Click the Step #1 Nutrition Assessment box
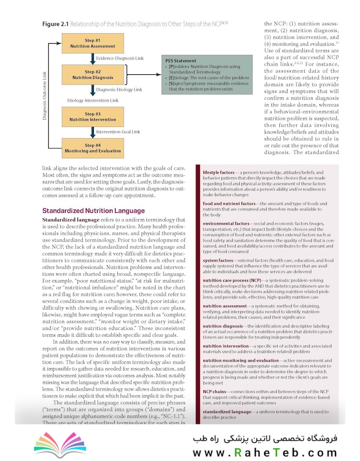pyautogui.click(x=93, y=43)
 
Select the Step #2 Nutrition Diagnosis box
pyautogui.click(x=93, y=75)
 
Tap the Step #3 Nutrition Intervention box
pyautogui.click(x=93, y=117)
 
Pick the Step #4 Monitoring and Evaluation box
pyautogui.click(x=93, y=148)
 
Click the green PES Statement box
pyautogui.click(x=202, y=75)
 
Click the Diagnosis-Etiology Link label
pyautogui.click(x=119, y=90)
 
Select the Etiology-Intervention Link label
pyautogui.click(x=93, y=100)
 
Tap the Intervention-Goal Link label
pyautogui.click(x=118, y=132)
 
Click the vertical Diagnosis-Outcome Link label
pyautogui.click(x=45, y=95)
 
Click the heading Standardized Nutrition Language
pyautogui.click(x=93, y=211)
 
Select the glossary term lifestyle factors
pyautogui.click(x=220, y=172)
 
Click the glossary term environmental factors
pyautogui.click(x=226, y=224)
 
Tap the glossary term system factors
pyautogui.click(x=218, y=260)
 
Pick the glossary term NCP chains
pyautogui.click(x=214, y=391)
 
